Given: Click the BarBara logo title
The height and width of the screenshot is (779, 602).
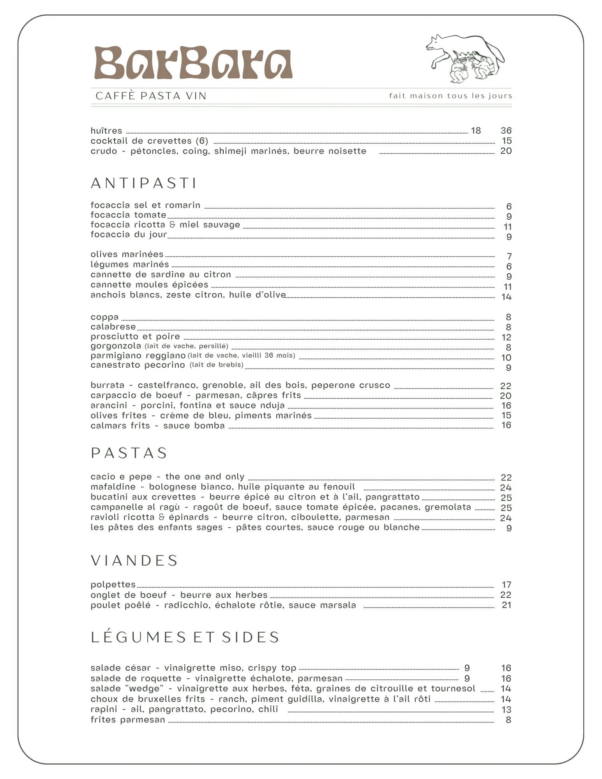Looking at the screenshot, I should tap(193, 63).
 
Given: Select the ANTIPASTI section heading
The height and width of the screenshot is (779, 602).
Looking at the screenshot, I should tap(144, 183).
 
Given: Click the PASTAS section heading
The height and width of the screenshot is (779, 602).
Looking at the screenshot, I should tap(129, 453).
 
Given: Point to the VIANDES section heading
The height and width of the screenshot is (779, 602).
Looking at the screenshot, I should tap(134, 560).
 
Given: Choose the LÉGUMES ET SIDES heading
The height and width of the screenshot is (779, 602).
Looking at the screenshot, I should tap(185, 637).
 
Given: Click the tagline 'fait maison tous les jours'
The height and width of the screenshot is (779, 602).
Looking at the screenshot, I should tap(450, 96).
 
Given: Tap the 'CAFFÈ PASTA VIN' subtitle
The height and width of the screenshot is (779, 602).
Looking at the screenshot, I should tap(151, 96).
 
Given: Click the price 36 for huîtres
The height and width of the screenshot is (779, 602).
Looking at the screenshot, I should tap(506, 130).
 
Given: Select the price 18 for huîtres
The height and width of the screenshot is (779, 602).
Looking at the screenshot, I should tap(476, 130).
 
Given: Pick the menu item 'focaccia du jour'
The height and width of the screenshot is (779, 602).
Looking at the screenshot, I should tap(129, 234).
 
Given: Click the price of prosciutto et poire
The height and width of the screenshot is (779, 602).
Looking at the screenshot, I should tap(506, 337).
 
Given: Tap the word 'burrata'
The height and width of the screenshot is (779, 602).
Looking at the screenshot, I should tap(107, 385).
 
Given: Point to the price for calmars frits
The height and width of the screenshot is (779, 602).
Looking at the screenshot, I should tap(506, 425).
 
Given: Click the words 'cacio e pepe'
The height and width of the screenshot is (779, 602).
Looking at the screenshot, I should tap(121, 477).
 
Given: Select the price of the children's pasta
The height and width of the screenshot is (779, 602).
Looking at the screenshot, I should tap(508, 528).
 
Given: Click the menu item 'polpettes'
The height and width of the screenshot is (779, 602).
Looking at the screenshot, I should tap(113, 585).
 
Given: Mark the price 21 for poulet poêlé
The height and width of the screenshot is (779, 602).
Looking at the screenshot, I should tap(506, 605).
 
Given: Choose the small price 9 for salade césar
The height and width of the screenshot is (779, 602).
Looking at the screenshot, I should tap(467, 668).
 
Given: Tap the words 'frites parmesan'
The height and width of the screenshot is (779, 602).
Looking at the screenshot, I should tap(128, 720).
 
